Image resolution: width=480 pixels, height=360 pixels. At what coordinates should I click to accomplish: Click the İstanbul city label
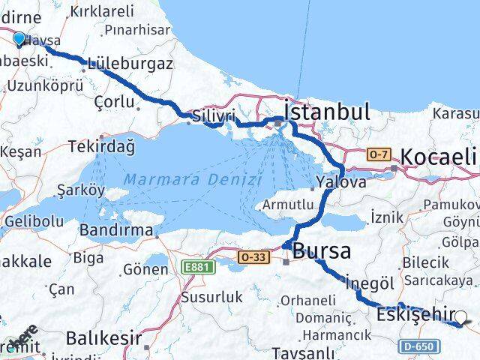tap(327, 112)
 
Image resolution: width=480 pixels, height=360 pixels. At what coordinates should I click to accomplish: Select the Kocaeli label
tap(439, 157)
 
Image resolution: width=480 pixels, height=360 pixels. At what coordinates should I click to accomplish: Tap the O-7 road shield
tap(379, 154)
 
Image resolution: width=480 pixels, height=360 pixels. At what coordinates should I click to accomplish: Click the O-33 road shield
tap(253, 257)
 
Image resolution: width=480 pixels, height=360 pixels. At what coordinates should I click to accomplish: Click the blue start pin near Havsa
tap(19, 37)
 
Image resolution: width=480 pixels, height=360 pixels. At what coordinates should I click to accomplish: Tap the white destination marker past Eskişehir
tap(461, 318)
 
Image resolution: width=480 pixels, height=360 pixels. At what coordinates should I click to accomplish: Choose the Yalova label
tap(341, 182)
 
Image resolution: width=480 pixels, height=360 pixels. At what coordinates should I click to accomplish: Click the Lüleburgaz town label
tap(130, 64)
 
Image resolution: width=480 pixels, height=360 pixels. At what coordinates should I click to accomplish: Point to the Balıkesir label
tap(103, 338)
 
